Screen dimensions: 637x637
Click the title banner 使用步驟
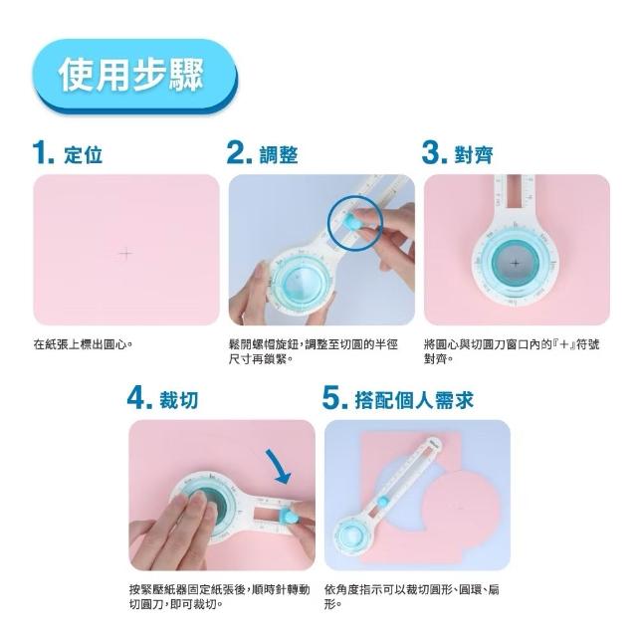(134, 76)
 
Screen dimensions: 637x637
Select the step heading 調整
(279, 155)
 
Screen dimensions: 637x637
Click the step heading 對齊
(474, 155)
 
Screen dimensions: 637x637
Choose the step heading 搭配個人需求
(414, 400)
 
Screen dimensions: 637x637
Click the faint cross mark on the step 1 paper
(125, 254)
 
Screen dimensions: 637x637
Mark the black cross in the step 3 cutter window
(516, 263)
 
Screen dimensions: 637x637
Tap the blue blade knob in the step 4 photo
(288, 517)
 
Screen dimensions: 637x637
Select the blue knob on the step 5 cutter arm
(382, 502)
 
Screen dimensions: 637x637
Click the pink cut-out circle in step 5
(460, 508)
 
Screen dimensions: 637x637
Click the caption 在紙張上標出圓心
(83, 344)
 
